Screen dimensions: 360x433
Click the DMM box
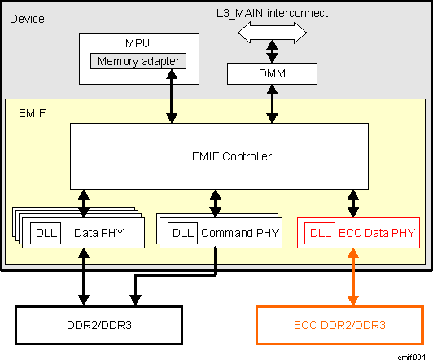(x=271, y=74)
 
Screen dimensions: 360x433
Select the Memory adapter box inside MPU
(x=140, y=61)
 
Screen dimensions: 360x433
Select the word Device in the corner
(x=27, y=18)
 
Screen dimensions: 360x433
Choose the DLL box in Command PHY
(x=181, y=234)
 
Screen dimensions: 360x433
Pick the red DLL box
(x=321, y=234)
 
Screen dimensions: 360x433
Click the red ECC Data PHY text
(x=376, y=234)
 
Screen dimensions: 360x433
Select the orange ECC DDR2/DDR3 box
(x=341, y=325)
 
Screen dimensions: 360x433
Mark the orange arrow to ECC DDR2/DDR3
(x=353, y=276)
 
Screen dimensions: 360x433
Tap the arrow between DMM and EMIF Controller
(x=271, y=104)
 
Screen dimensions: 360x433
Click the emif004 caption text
(x=413, y=355)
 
